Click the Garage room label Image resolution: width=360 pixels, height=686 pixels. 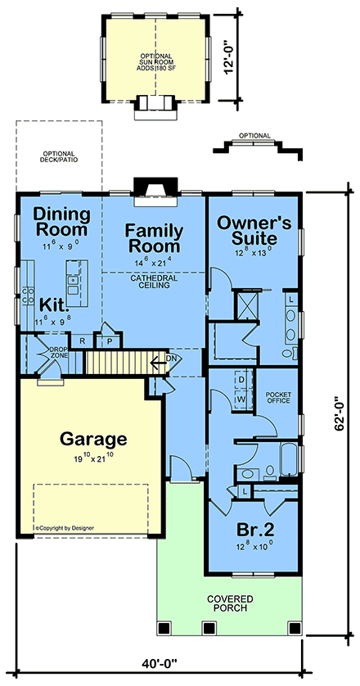point(92,438)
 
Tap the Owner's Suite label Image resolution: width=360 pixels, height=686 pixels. point(253,230)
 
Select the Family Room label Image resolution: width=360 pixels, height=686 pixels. point(153,237)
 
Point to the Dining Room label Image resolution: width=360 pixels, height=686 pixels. point(60,222)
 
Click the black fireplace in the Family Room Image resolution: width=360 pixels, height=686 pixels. point(152,187)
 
